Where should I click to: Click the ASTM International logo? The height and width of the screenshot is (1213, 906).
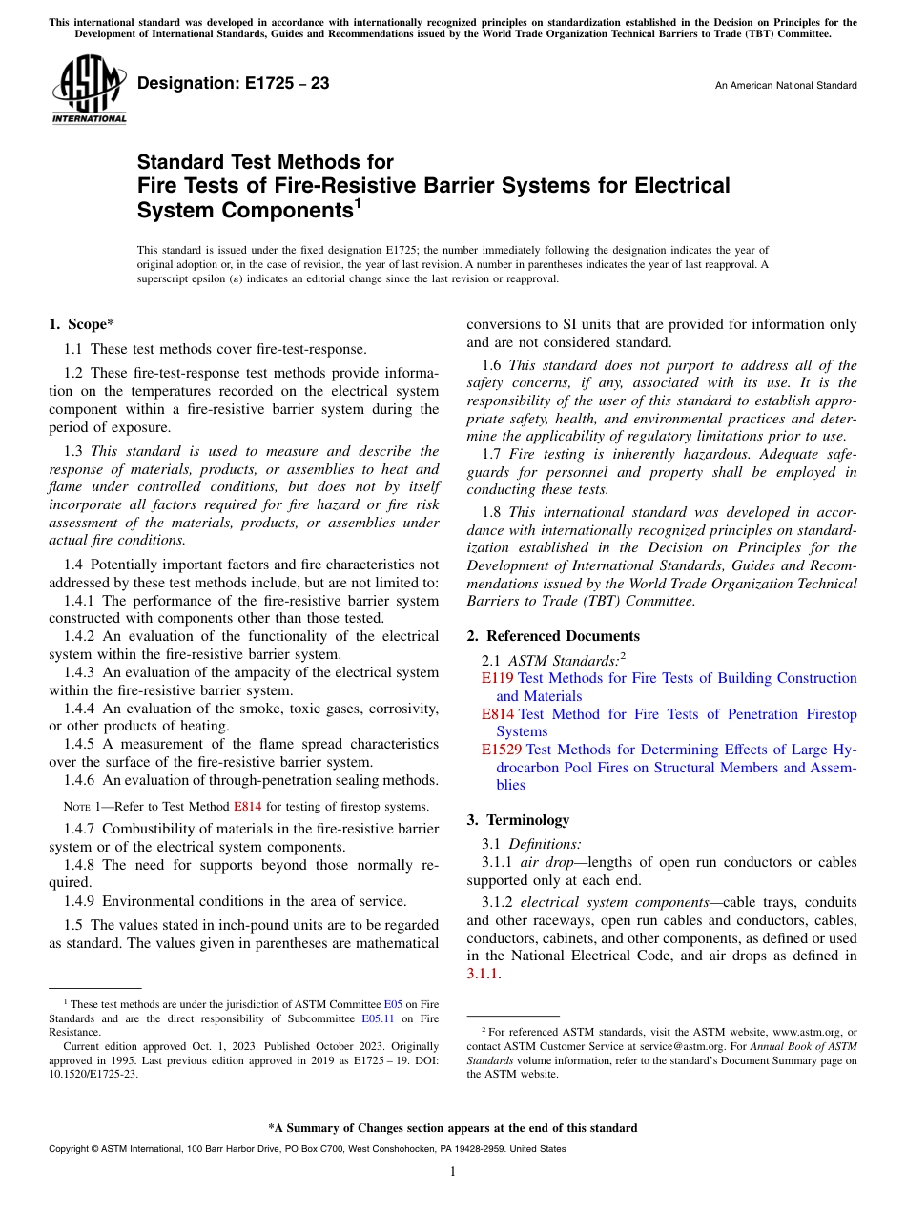(x=89, y=89)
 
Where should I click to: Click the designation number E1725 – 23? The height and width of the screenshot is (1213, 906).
(x=234, y=84)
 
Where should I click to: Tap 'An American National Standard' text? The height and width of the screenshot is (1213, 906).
(x=785, y=86)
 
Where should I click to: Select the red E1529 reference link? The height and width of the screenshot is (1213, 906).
(x=502, y=750)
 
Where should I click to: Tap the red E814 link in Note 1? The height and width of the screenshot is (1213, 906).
(x=246, y=807)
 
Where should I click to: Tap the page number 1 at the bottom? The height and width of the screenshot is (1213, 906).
(x=453, y=1172)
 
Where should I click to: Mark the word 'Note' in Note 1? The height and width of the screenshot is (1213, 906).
(x=76, y=807)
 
